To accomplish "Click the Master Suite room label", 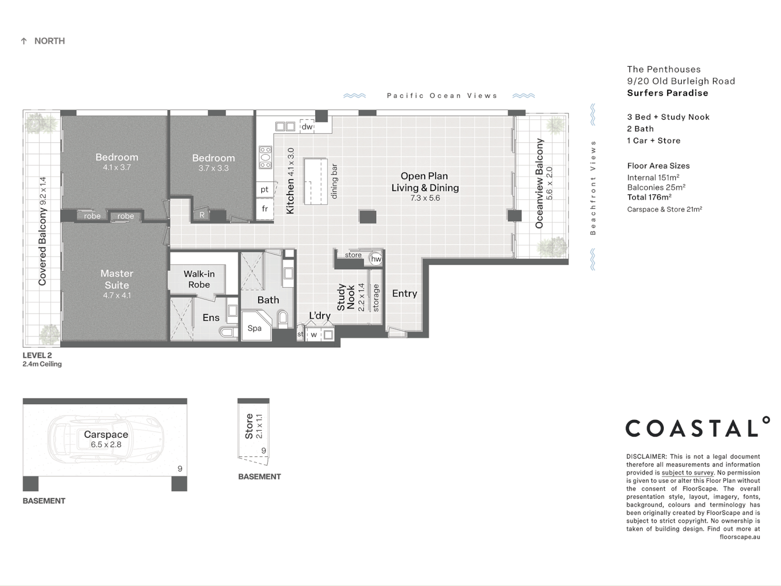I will click(x=117, y=279).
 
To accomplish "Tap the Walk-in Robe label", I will click(x=199, y=279).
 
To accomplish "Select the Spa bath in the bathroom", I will click(x=255, y=327).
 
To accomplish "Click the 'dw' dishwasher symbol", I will click(x=307, y=126).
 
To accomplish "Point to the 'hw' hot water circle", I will click(x=376, y=259).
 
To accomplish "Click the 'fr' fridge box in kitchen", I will click(x=265, y=208).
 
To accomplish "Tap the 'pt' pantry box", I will click(x=265, y=189).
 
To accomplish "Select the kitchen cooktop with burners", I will click(x=265, y=157).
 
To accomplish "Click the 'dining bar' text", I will click(x=334, y=181).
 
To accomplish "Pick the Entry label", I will click(x=405, y=293).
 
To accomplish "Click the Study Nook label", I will click(x=345, y=297).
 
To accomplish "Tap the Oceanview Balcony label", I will click(x=539, y=183).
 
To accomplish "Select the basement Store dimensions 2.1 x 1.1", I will click(x=259, y=426).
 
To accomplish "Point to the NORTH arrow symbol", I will click(x=24, y=41).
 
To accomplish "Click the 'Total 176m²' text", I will click(x=649, y=197).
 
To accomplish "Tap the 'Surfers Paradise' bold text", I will click(x=667, y=93).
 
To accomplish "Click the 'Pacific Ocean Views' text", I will click(x=441, y=95).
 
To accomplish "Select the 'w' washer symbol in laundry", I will click(x=313, y=335).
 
